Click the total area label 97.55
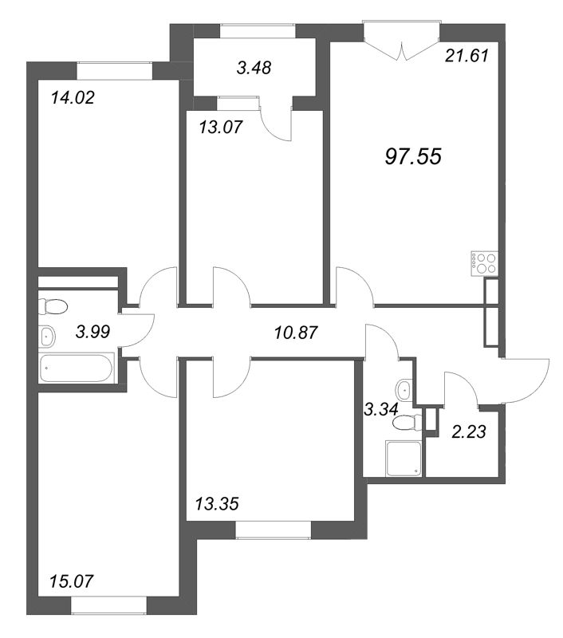click(x=413, y=156)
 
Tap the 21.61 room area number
click(x=467, y=56)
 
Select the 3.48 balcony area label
click(x=254, y=68)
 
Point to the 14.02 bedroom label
click(x=73, y=97)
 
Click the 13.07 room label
click(x=221, y=128)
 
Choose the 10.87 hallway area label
click(x=296, y=333)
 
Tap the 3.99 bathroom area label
click(x=93, y=332)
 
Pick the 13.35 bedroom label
click(x=217, y=504)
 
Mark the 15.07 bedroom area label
click(x=71, y=581)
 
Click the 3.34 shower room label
click(x=381, y=408)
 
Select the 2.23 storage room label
click(x=469, y=431)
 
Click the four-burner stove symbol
click(x=485, y=264)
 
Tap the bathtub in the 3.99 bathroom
click(x=76, y=368)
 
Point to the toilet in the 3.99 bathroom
click(x=53, y=306)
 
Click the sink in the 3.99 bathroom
click(x=47, y=337)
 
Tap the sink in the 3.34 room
click(x=404, y=389)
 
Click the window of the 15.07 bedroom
click(x=108, y=605)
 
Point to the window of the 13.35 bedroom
click(x=274, y=530)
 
